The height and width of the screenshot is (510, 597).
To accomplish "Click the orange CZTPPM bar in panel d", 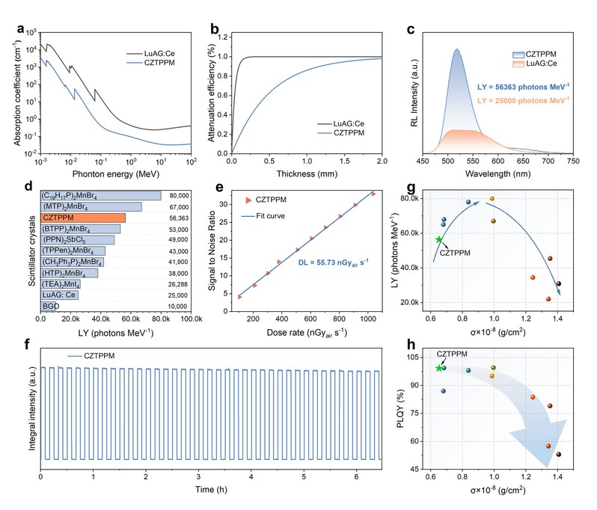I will [83, 218].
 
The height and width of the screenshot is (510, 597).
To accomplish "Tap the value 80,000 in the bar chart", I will [179, 196].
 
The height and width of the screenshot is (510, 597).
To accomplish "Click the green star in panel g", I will [439, 239].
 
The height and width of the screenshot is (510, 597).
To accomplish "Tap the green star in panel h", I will [439, 368].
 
